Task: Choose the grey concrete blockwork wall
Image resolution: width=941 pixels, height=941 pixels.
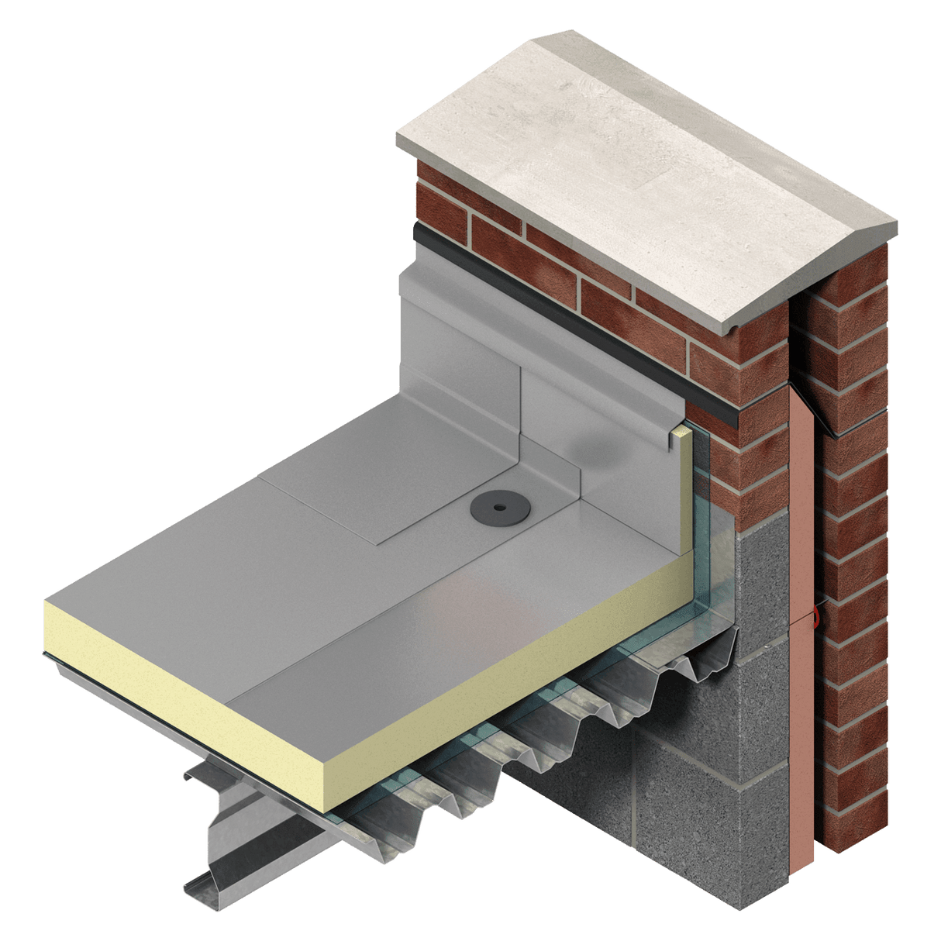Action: coord(698,736)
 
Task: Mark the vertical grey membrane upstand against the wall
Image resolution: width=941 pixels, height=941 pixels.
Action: coord(465,333)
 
